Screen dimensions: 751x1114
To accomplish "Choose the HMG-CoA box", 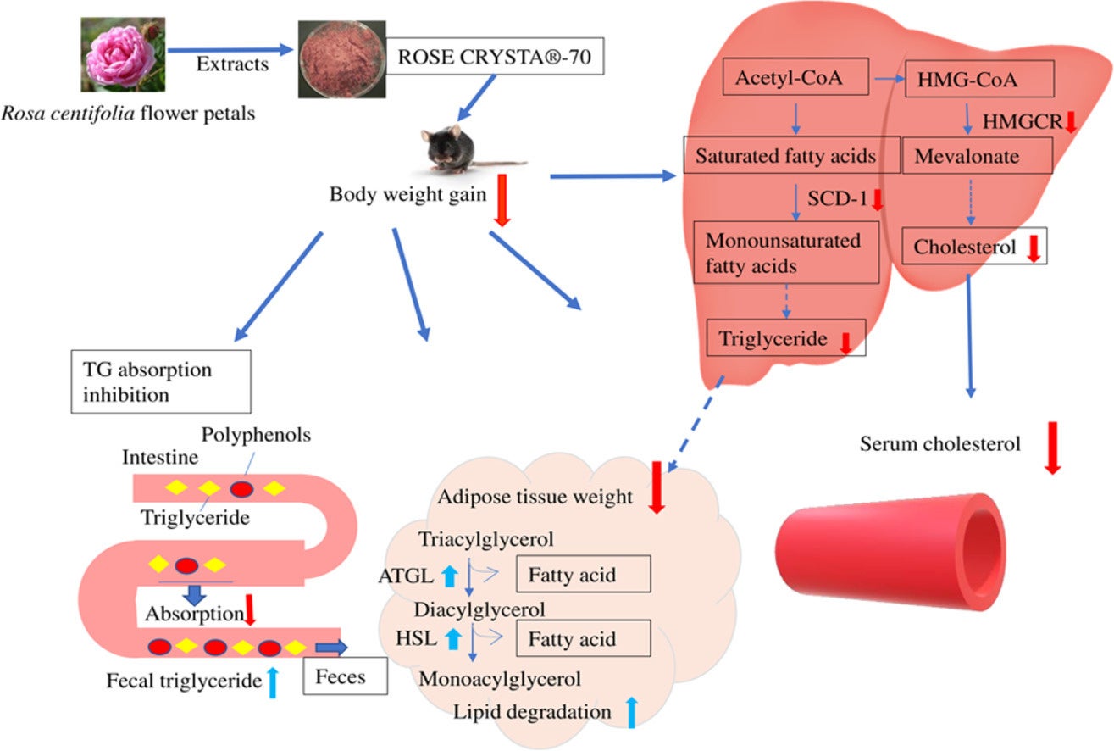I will (979, 81).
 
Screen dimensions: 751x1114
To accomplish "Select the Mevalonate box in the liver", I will (978, 156).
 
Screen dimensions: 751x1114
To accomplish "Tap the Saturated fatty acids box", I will (785, 156).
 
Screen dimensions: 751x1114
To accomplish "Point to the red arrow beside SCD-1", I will (878, 200).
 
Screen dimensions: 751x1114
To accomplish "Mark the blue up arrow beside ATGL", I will (450, 576).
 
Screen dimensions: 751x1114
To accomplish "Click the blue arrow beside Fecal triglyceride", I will (272, 681).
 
